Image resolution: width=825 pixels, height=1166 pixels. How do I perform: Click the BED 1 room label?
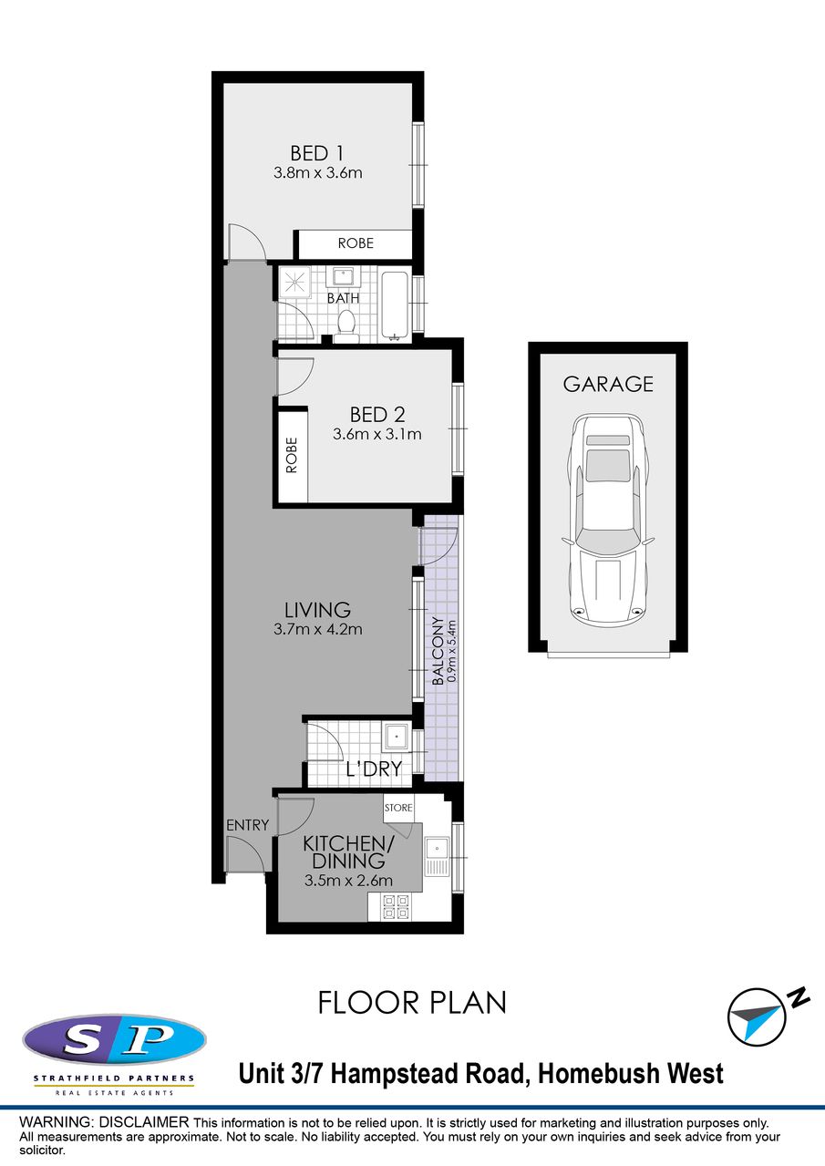[317, 153]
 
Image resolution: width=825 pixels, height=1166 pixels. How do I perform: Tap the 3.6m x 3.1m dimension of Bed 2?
[376, 434]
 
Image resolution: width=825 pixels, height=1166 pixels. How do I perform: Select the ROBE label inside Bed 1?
[356, 243]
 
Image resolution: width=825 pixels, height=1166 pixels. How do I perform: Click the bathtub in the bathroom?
[396, 305]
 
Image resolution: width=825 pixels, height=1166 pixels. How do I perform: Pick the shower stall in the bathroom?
[294, 282]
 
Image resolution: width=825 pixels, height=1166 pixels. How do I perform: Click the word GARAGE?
[608, 384]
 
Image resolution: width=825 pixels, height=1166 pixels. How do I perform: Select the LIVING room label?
[317, 610]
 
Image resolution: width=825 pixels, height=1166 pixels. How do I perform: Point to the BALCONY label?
[438, 651]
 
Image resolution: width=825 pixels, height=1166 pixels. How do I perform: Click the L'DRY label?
[374, 769]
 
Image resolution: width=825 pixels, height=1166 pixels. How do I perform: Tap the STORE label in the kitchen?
[398, 808]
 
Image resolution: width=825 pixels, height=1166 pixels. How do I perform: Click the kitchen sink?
[438, 856]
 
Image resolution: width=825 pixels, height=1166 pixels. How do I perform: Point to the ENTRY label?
[247, 825]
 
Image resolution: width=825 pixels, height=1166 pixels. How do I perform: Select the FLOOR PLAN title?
[412, 1003]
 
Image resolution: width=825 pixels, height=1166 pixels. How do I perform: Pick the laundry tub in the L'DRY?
[397, 737]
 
